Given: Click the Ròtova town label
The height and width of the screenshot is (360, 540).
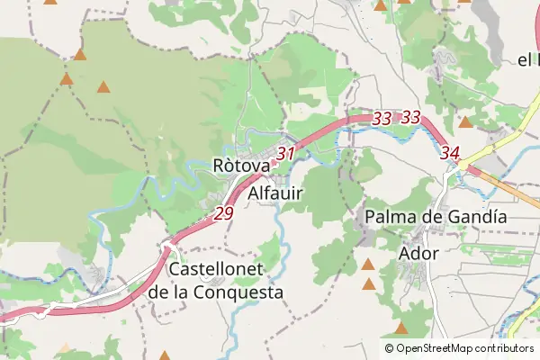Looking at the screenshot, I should pos(241,166).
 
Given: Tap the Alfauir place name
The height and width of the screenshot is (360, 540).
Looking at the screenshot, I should pos(274,193).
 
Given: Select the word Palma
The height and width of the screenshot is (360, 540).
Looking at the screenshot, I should pos(390,217).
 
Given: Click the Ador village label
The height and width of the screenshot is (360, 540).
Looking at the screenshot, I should pos(418,253).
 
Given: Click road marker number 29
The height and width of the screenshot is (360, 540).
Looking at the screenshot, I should pos(224,214).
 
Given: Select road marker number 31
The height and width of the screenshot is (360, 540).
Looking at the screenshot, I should pos(286,154).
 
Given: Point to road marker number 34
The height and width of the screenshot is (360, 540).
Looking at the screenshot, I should pos(451,154).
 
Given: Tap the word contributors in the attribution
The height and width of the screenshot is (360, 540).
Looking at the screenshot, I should pos(505,348).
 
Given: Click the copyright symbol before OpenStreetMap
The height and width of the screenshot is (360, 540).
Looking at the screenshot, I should pos(390,348).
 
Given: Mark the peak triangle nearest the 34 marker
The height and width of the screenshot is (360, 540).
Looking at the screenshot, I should pos(465,121).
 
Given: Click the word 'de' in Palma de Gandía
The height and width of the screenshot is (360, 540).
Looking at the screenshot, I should pos(436,217).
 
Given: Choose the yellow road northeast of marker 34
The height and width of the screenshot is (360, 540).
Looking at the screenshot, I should pos(499,144).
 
